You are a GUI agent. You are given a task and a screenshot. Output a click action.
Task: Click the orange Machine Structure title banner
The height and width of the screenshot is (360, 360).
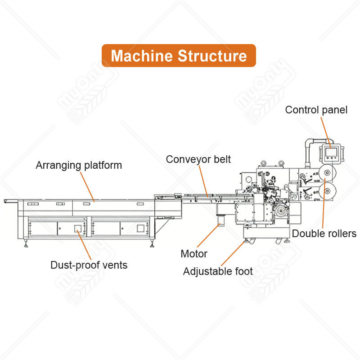pos(179,55)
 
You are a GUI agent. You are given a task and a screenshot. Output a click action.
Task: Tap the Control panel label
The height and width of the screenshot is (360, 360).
pos(316,110)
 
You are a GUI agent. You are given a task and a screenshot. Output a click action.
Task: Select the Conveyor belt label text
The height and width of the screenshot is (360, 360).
pos(198,159)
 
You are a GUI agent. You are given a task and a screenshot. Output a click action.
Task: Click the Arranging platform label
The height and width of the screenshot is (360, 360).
pos(79,165)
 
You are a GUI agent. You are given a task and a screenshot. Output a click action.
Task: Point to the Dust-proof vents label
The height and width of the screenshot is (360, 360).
pos(89,265)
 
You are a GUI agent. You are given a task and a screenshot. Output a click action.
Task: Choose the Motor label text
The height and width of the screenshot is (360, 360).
pos(194,254)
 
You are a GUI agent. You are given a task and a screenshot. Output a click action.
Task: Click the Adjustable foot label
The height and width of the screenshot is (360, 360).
pos(218,271)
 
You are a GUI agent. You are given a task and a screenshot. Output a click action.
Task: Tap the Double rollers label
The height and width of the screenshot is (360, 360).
pos(324,234)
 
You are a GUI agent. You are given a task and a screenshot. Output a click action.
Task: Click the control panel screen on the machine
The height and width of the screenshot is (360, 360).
pos(331,152)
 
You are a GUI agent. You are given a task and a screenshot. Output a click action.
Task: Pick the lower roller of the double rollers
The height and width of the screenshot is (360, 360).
pos(328,191)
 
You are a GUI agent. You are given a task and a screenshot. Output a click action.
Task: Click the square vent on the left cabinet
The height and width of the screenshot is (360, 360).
pos(78,229)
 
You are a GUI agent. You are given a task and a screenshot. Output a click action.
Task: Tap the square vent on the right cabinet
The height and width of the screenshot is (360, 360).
pos(140,228)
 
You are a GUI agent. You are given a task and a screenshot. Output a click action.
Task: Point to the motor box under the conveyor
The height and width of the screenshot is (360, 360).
pos(220,220)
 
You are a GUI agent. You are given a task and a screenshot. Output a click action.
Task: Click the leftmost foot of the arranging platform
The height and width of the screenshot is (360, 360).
pos(26,243)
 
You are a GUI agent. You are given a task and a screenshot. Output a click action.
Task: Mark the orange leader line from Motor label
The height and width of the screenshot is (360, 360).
pos(209,235)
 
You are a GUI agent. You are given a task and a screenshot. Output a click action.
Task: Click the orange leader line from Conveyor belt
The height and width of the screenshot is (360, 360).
pos(203,181)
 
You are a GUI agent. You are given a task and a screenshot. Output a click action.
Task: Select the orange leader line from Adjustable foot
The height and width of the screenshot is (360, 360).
pos(233,253)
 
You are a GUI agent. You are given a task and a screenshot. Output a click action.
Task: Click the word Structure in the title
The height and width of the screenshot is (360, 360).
pos(212,56)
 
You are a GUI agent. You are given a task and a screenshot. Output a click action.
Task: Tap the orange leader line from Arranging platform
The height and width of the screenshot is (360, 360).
pos(87,187)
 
